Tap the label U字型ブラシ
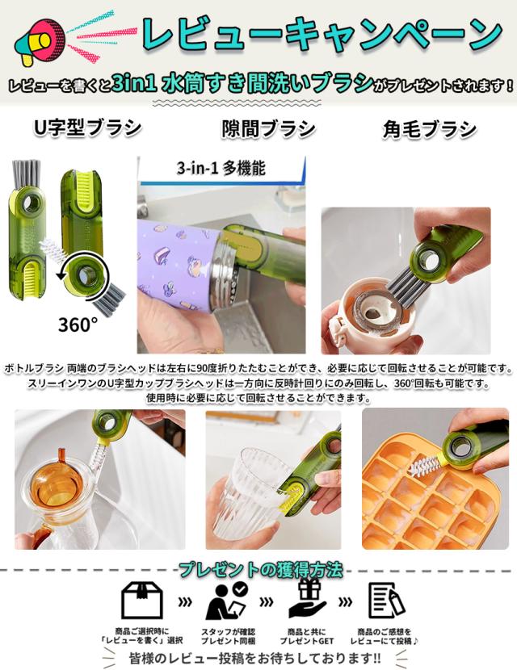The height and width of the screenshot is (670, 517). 87,128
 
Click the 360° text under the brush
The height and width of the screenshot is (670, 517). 78,325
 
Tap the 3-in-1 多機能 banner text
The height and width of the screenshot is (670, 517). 221,170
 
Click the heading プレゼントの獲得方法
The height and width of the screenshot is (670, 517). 260,570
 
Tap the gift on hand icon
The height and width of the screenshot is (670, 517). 309,600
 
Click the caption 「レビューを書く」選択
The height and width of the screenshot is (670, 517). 141,641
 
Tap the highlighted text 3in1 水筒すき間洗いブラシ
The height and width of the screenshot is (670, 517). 243,83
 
